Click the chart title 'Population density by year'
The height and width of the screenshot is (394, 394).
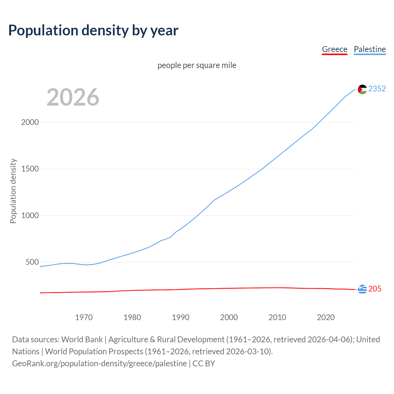(x=93, y=30)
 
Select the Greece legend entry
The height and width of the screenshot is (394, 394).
(x=334, y=49)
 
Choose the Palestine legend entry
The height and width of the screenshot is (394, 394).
(x=370, y=49)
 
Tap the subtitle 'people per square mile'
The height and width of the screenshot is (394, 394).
(x=197, y=65)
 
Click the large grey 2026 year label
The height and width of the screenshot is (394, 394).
(x=73, y=97)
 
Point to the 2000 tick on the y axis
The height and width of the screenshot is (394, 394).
(x=30, y=122)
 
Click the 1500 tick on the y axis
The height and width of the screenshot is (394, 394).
(x=30, y=169)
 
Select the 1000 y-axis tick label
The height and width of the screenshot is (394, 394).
(x=30, y=215)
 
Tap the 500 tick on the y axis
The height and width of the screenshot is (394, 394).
(x=32, y=262)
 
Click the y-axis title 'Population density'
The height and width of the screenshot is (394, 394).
(x=13, y=191)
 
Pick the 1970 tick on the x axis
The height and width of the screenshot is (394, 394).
(x=84, y=317)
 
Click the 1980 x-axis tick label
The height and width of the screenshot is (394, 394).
(x=132, y=317)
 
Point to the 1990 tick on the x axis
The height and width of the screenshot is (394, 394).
(x=181, y=317)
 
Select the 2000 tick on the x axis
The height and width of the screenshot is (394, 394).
(x=229, y=317)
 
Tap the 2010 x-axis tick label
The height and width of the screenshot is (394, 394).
(x=277, y=317)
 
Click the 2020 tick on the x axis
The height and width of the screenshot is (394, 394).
(x=326, y=317)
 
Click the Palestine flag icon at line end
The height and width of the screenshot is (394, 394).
(x=362, y=89)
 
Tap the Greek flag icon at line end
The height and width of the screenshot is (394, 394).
(x=362, y=289)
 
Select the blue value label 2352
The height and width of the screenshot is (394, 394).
(x=377, y=89)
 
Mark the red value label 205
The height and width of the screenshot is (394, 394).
(x=375, y=289)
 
